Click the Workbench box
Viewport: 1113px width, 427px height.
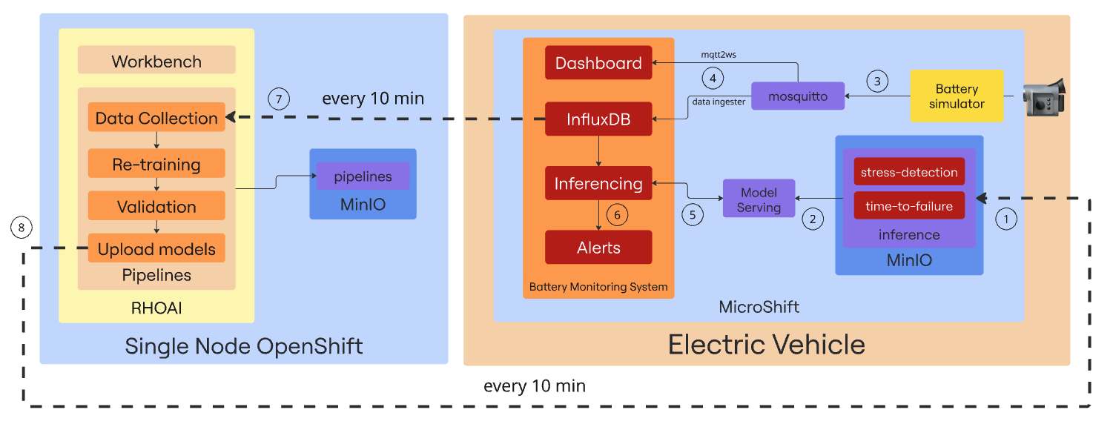tap(156, 61)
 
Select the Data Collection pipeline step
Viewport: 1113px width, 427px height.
tap(156, 118)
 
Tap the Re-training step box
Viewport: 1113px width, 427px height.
tap(156, 164)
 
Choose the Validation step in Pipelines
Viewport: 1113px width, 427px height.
tap(156, 206)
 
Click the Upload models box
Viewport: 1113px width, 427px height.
tap(156, 248)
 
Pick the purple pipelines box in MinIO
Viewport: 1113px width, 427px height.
tap(363, 176)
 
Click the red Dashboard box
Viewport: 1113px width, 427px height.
tap(598, 63)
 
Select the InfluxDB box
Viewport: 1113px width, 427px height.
tap(598, 119)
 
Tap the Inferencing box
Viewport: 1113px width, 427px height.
tap(598, 183)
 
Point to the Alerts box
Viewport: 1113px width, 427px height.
tap(598, 247)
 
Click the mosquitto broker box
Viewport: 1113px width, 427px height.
tap(797, 96)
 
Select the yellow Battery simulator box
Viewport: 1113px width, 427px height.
tap(957, 96)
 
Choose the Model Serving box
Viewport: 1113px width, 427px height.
tap(759, 199)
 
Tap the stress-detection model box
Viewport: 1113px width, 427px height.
tap(909, 172)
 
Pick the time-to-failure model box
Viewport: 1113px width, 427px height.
tap(909, 205)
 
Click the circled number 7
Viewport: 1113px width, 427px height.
tap(279, 99)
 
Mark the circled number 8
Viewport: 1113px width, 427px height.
tap(22, 228)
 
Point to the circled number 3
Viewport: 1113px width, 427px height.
tap(877, 81)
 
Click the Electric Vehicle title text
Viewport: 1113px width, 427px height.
tap(766, 345)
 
